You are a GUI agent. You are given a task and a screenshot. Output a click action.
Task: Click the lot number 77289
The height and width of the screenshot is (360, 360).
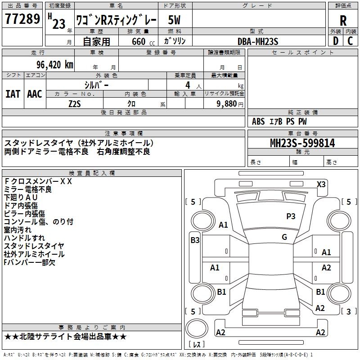click(x=22, y=19)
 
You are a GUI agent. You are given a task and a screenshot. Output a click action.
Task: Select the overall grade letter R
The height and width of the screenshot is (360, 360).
click(x=343, y=20)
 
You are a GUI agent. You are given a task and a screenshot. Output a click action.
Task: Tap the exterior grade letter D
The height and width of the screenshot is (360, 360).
click(x=335, y=40)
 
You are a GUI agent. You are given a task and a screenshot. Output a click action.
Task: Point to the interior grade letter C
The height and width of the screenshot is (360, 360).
click(x=350, y=40)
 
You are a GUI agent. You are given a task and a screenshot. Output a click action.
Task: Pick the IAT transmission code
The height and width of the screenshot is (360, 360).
click(x=13, y=94)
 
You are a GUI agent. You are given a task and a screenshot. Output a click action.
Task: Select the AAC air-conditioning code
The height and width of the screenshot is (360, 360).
click(x=35, y=94)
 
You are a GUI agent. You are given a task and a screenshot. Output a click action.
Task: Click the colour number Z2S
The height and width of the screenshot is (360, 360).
click(x=74, y=103)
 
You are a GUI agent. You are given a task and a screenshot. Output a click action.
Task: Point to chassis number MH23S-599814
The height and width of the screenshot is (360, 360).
click(x=302, y=143)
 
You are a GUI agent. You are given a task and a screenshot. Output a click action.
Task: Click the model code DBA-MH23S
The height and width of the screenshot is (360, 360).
click(x=258, y=41)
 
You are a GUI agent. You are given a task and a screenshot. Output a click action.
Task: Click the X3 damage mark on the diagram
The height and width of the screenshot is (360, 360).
click(x=321, y=184)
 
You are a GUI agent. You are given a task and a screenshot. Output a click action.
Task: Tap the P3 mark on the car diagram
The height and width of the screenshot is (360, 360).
click(x=291, y=216)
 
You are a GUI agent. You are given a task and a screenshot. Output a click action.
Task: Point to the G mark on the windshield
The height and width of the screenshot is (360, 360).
click(x=284, y=237)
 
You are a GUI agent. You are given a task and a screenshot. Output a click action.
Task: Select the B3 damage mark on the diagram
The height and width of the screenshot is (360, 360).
click(x=195, y=240)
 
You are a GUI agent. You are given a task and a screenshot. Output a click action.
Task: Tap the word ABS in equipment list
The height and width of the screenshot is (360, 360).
click(x=258, y=121)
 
